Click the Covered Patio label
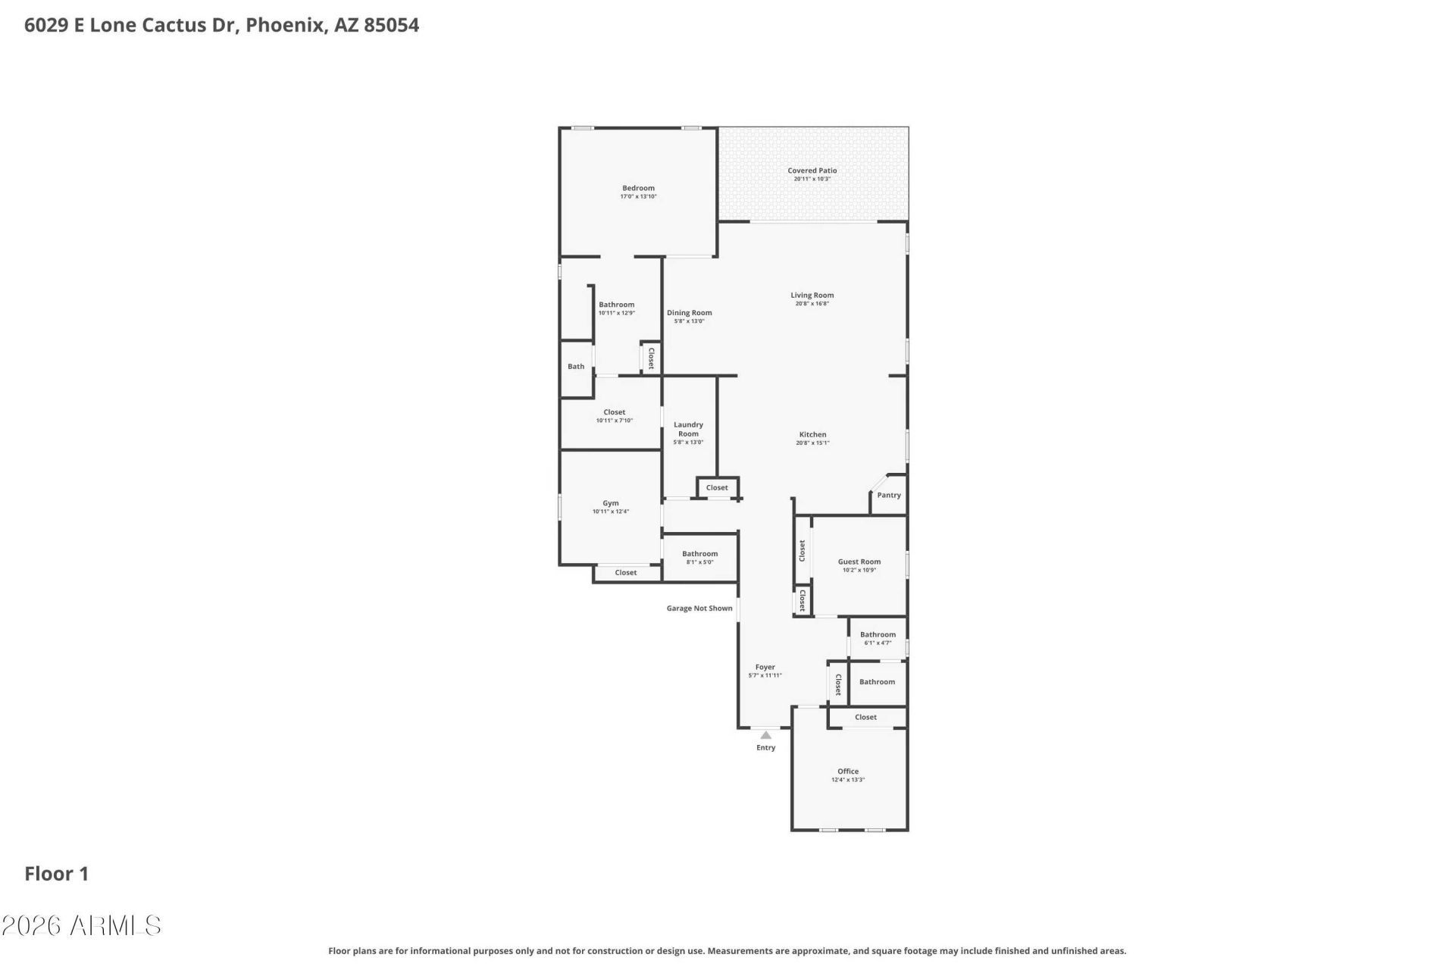(x=812, y=171)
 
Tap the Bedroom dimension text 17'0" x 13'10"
(x=638, y=196)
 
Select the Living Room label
(x=812, y=295)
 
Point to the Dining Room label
(x=689, y=312)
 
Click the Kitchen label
(x=812, y=434)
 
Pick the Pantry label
(x=889, y=495)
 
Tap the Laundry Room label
(x=688, y=429)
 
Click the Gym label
(x=610, y=503)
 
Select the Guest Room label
(x=859, y=562)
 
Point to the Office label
(x=848, y=771)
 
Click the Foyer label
(x=765, y=667)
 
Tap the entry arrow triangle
(x=765, y=734)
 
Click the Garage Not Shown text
(x=699, y=608)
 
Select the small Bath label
(x=576, y=366)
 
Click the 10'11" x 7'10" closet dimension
(x=614, y=421)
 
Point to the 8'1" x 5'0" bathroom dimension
(x=699, y=562)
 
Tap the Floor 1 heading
(x=57, y=874)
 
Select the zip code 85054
(x=391, y=25)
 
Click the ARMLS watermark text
(x=81, y=925)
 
